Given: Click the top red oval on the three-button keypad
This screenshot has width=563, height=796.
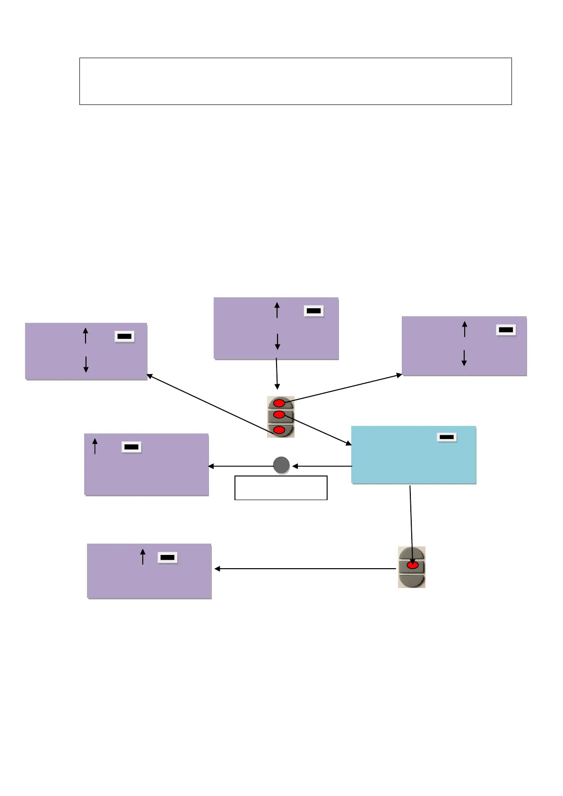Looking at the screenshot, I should [x=279, y=403].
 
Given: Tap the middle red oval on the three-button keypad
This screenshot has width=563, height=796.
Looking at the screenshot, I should [x=279, y=415].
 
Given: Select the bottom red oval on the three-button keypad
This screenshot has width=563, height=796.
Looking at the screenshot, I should [x=279, y=430].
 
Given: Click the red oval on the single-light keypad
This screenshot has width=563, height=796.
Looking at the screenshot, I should [x=412, y=565].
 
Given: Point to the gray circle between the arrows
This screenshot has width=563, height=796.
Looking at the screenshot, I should [x=281, y=465].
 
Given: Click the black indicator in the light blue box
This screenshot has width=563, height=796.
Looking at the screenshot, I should [x=446, y=437].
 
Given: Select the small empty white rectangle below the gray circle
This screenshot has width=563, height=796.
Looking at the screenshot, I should [x=281, y=488].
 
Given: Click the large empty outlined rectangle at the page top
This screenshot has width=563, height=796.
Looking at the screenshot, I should [x=295, y=81].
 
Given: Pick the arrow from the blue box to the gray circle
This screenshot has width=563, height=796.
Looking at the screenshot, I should [x=322, y=466].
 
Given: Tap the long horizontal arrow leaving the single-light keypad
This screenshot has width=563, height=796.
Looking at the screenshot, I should [x=305, y=569].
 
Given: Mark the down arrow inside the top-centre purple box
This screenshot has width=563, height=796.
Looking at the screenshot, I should [x=277, y=341].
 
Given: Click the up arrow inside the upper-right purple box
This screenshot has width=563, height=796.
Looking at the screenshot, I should [x=465, y=329].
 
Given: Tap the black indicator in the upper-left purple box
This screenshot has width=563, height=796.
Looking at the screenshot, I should [x=125, y=336].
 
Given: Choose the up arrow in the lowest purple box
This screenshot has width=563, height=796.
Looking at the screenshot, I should [x=143, y=556].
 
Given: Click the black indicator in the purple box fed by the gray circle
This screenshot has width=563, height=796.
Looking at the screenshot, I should [x=131, y=447].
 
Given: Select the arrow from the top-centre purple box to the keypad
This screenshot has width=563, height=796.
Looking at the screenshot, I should [x=277, y=373].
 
